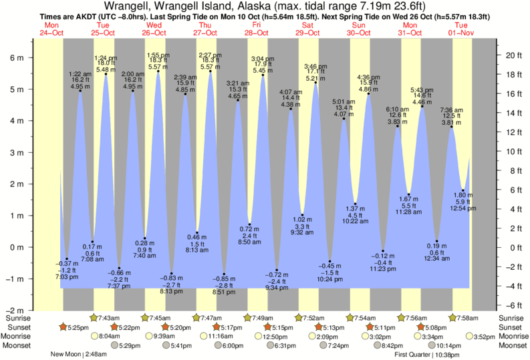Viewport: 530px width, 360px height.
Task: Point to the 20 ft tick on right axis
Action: (512, 55)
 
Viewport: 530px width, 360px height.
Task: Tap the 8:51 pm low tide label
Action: (224, 292)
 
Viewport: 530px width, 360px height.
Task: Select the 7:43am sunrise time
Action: (109, 318)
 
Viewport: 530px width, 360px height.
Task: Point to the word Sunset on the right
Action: (513, 327)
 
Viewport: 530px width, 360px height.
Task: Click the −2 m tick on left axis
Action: (14, 311)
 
